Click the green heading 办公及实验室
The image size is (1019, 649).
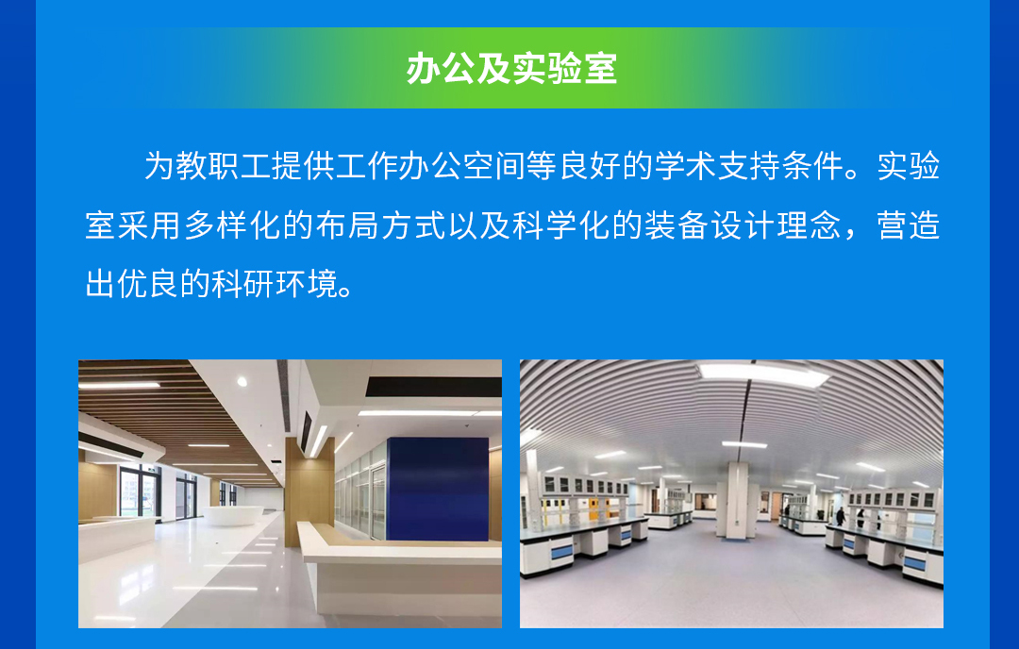tap(511, 68)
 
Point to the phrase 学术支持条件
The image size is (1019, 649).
tap(749, 166)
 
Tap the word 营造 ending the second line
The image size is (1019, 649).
tap(909, 225)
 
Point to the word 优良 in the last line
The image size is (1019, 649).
tap(148, 284)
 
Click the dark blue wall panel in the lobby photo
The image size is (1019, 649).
tap(438, 489)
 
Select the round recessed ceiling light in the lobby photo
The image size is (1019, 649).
tap(242, 382)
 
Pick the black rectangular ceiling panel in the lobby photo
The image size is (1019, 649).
tap(433, 387)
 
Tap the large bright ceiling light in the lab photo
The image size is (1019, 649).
tap(763, 374)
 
